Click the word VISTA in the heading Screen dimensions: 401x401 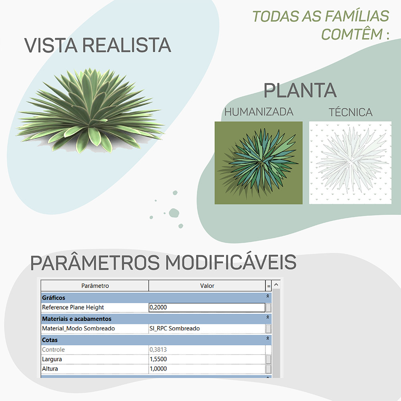51,45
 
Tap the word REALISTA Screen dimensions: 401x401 127,45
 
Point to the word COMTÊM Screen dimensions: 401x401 352,34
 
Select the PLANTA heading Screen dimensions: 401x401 300,90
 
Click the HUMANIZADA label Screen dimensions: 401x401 259,112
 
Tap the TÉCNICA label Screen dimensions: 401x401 350,112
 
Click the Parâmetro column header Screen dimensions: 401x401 95,286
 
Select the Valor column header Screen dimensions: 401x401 207,286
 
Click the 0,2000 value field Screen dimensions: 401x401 207,308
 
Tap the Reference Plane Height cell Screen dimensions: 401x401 95,308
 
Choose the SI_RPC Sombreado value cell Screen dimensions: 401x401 207,328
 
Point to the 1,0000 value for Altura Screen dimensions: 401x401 158,369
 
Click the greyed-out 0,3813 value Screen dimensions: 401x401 158,349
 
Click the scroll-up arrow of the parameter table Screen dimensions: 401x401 276,284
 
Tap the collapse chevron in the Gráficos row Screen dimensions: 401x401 268,296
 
